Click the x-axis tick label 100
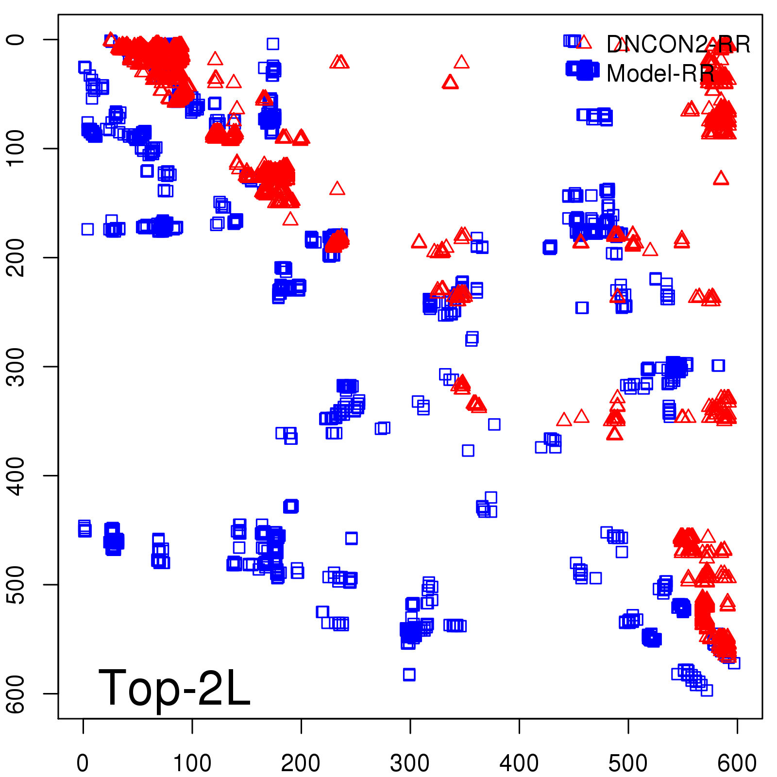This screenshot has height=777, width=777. click(192, 763)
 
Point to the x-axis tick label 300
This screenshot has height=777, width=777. click(410, 763)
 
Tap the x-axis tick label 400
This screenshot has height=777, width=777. click(519, 763)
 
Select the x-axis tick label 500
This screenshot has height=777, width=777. click(628, 763)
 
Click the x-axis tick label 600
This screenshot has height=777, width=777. click(737, 763)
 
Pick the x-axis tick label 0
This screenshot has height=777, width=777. click(83, 763)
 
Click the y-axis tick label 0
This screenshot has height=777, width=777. click(17, 39)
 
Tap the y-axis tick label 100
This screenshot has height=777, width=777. click(17, 148)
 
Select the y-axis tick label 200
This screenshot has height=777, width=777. click(17, 257)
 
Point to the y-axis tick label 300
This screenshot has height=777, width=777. click(17, 367)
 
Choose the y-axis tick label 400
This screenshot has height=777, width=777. click(17, 475)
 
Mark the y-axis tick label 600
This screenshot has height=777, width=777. click(17, 693)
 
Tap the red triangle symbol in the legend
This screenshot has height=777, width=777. click(583, 42)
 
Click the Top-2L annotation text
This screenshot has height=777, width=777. click(174, 688)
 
